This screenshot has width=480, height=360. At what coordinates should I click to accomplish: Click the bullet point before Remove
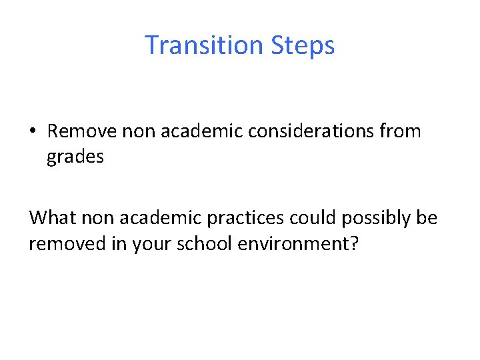[x=33, y=131]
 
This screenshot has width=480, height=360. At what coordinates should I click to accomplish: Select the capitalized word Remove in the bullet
[x=82, y=131]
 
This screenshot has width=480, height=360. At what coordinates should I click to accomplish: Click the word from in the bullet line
[x=401, y=131]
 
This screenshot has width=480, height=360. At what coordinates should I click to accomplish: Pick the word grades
[x=75, y=157]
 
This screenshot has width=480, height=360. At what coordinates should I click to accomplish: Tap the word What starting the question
[x=54, y=218]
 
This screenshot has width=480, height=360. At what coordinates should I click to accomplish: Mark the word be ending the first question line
[x=428, y=218]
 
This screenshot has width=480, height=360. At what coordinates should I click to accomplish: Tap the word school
[x=208, y=244]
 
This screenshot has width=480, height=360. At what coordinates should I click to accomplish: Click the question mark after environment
[x=354, y=244]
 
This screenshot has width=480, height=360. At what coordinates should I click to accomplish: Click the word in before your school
[x=121, y=244]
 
